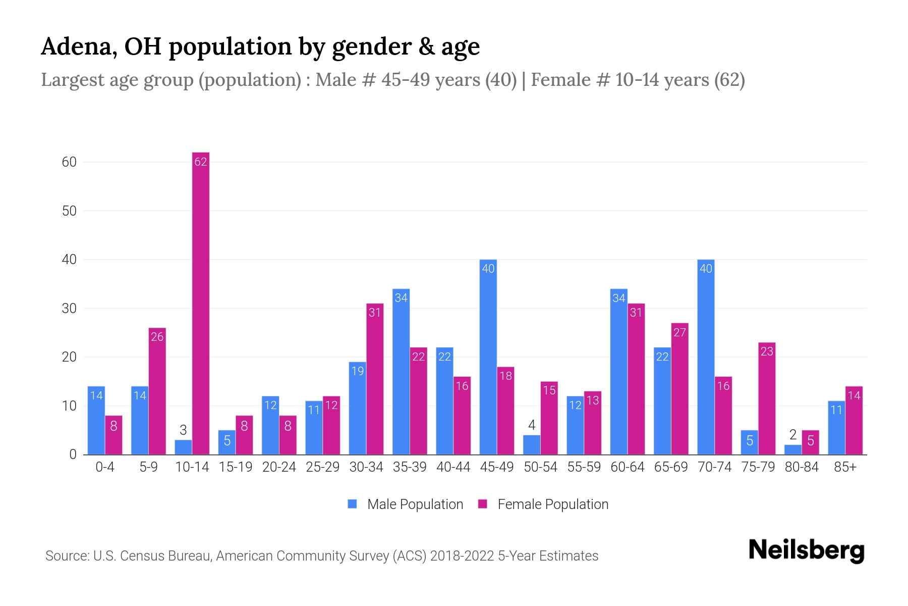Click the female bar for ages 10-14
pyautogui.click(x=201, y=303)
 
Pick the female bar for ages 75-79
pyautogui.click(x=767, y=399)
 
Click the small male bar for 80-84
pyautogui.click(x=793, y=449)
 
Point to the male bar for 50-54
pyautogui.click(x=532, y=445)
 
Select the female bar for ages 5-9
pyautogui.click(x=157, y=391)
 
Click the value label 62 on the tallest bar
pyautogui.click(x=201, y=162)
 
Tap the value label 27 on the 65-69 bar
pyautogui.click(x=679, y=332)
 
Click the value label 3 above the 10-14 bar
pyautogui.click(x=183, y=430)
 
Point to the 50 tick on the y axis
pyautogui.click(x=69, y=211)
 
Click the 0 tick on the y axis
pyautogui.click(x=73, y=454)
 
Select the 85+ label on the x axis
pyautogui.click(x=845, y=467)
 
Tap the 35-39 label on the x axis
pyautogui.click(x=410, y=467)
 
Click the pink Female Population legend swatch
pyautogui.click(x=483, y=504)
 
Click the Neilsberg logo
pyautogui.click(x=806, y=550)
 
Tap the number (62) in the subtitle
pyautogui.click(x=729, y=80)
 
